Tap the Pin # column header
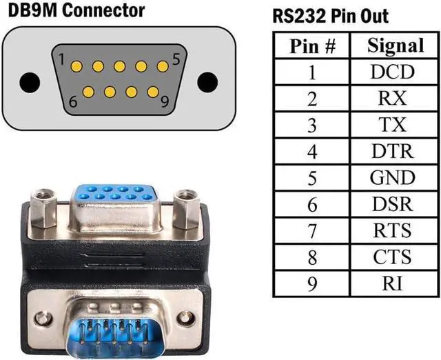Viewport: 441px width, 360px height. click(x=312, y=46)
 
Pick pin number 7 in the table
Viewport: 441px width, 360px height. click(x=312, y=230)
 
